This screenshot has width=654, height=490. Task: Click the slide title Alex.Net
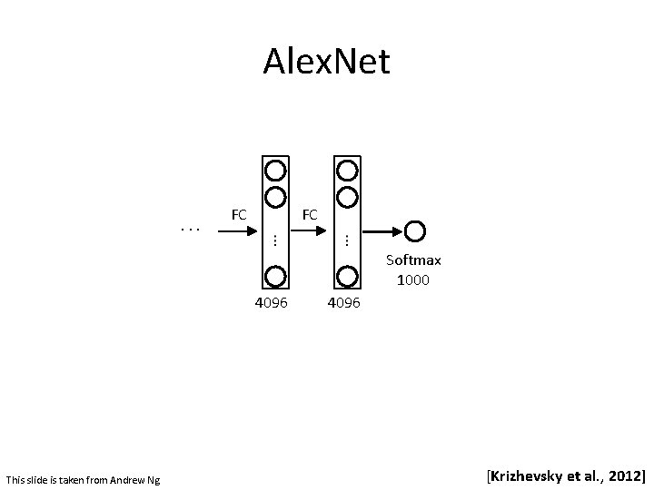(x=326, y=62)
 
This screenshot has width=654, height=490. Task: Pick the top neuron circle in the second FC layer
(x=346, y=170)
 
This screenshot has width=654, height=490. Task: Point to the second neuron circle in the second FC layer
(x=346, y=196)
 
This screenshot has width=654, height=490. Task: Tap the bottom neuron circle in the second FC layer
(x=346, y=276)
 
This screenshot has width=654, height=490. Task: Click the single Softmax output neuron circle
(x=415, y=230)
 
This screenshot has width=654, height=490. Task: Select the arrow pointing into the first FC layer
(x=241, y=230)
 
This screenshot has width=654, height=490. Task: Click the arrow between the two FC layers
(x=312, y=230)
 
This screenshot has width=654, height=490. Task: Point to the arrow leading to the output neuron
(x=382, y=230)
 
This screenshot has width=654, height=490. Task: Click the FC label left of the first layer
(x=239, y=215)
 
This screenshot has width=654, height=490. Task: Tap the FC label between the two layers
(x=310, y=215)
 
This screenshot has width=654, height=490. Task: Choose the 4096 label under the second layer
(x=343, y=302)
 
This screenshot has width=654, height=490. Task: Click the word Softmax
(x=413, y=260)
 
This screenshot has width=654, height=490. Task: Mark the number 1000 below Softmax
(x=413, y=279)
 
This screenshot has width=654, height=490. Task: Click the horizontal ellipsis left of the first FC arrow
(x=191, y=230)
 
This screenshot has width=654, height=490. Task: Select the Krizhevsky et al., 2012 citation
(x=566, y=475)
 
